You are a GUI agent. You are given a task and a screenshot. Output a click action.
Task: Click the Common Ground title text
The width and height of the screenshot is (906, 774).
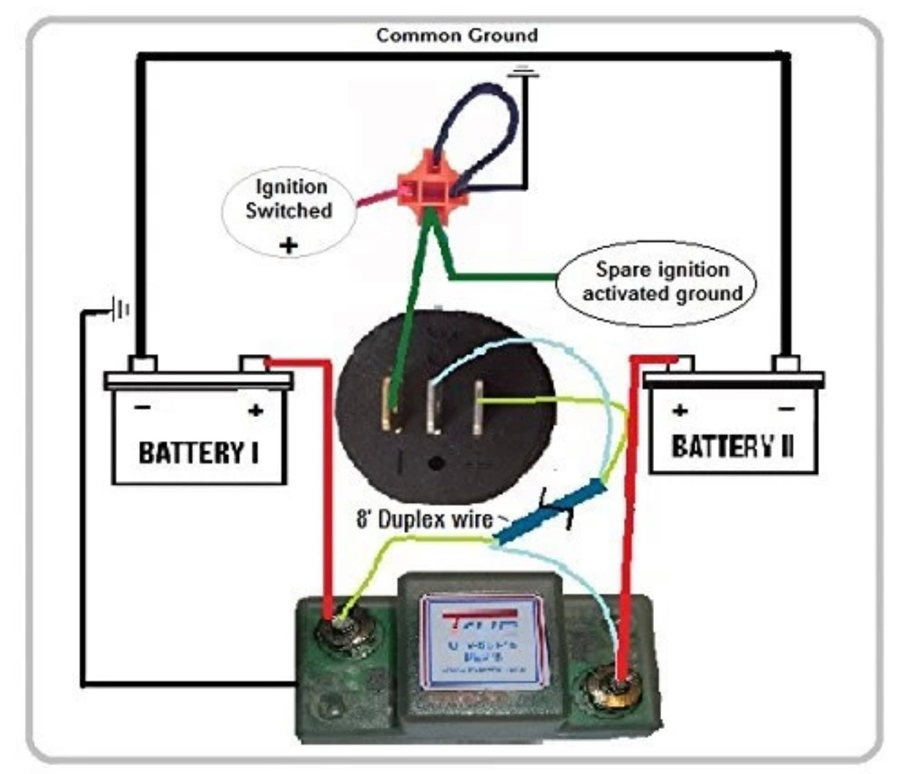tap(457, 35)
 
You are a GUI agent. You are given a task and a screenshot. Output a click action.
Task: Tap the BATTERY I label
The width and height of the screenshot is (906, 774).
tap(198, 453)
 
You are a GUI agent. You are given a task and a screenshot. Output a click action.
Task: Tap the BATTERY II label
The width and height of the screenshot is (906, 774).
tap(732, 445)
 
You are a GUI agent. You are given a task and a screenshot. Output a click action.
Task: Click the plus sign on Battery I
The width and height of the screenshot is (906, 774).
tap(255, 411)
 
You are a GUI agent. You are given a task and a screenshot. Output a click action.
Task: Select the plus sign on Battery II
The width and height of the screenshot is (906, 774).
tap(679, 410)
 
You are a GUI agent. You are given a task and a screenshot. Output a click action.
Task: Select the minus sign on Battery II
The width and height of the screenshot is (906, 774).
tap(786, 410)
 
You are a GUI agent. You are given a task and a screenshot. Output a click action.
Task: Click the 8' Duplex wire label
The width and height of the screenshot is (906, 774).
tap(425, 520)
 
